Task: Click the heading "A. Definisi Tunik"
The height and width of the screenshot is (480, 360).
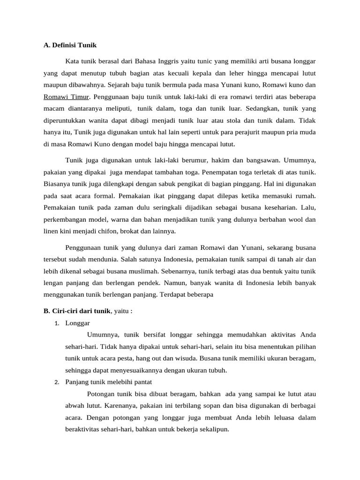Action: (x=70, y=45)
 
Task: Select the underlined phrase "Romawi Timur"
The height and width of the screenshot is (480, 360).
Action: (x=66, y=97)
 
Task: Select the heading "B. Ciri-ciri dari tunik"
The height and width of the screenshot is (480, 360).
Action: (x=77, y=311)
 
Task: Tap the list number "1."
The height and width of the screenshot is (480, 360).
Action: (x=57, y=323)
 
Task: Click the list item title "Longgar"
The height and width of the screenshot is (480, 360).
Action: (x=78, y=323)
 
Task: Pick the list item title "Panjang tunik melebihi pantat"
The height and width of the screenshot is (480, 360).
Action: (x=108, y=382)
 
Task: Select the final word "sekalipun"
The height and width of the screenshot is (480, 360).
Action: (x=214, y=429)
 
